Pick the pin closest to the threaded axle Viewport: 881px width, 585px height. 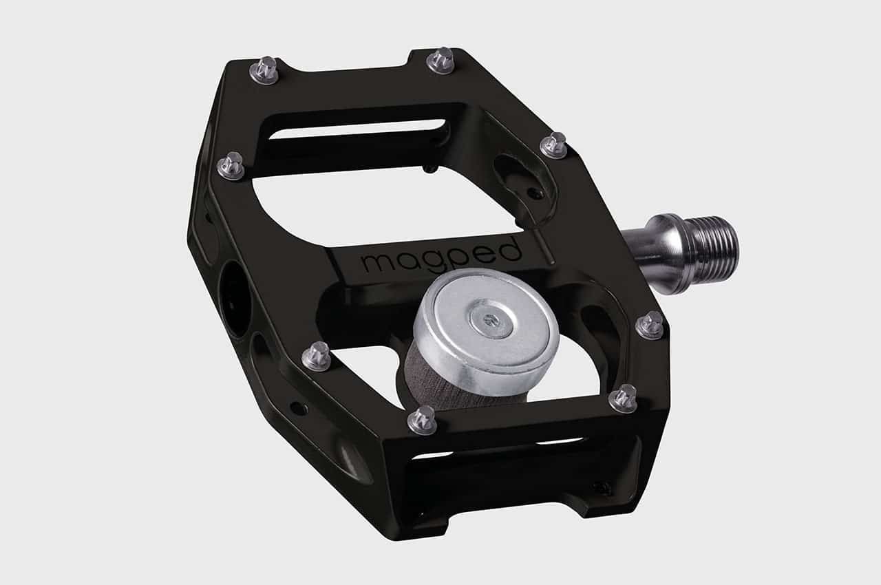pyautogui.click(x=649, y=325)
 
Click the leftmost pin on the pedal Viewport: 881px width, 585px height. pyautogui.click(x=231, y=166)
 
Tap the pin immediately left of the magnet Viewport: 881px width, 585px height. pyautogui.click(x=317, y=356)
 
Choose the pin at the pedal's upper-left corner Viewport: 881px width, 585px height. pyautogui.click(x=264, y=70)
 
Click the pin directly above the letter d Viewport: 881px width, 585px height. pyautogui.click(x=553, y=145)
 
